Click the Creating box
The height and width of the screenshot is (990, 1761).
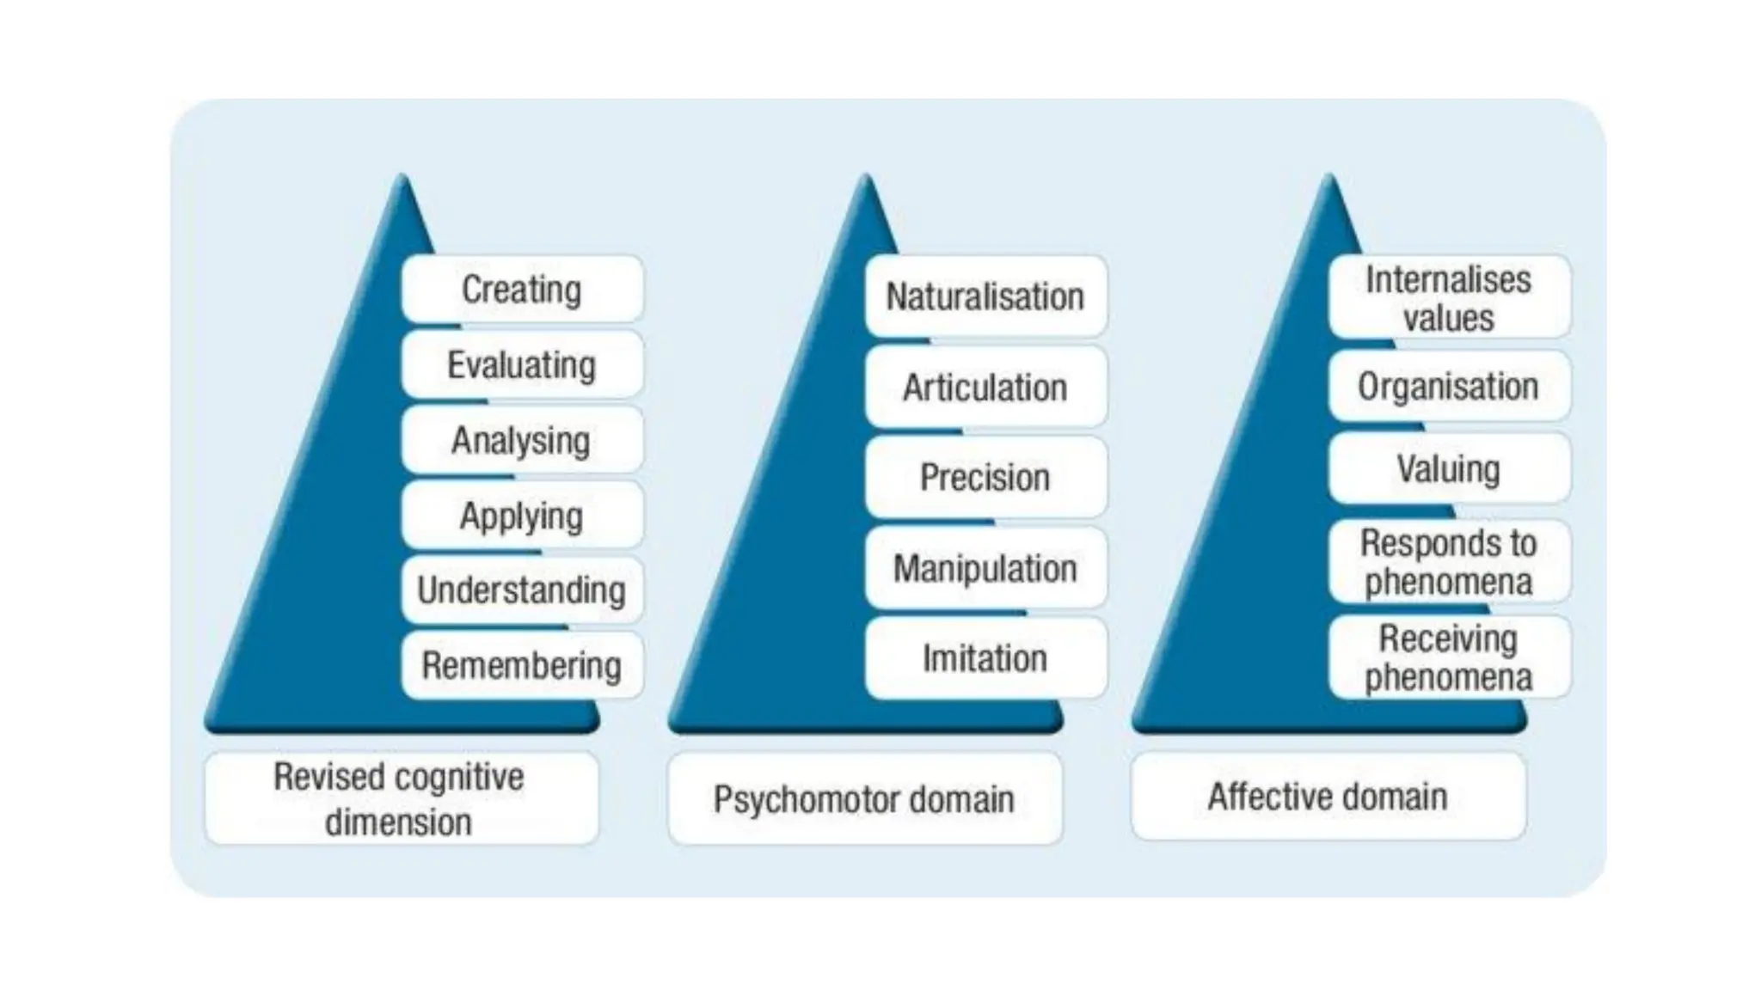coord(522,290)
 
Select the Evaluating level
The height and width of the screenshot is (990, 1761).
coord(522,365)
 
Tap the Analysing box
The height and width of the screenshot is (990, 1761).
coord(522,440)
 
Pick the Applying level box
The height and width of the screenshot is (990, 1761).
coord(522,516)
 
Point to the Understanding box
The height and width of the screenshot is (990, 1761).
coord(522,590)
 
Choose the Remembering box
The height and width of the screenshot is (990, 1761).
coord(522,665)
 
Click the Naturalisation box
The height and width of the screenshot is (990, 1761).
coord(985,296)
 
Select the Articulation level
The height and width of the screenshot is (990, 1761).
coord(985,388)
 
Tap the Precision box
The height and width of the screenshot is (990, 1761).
coord(985,478)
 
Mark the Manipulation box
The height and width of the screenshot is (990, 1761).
coord(985,568)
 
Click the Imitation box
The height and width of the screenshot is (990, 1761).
coord(985,658)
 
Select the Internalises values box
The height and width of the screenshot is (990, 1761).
coord(1449,297)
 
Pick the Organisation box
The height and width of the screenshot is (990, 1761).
coord(1449,387)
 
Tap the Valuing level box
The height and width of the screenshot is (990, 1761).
coord(1449,469)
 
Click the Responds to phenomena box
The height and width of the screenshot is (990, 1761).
coord(1449,562)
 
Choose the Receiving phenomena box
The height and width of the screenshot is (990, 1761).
coord(1449,657)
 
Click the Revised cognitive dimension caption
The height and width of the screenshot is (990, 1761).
coord(400,799)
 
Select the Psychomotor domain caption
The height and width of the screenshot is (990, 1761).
coord(864,799)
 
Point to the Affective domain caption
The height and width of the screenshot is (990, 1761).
coord(1328,797)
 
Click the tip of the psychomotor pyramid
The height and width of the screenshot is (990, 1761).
coord(867,180)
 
